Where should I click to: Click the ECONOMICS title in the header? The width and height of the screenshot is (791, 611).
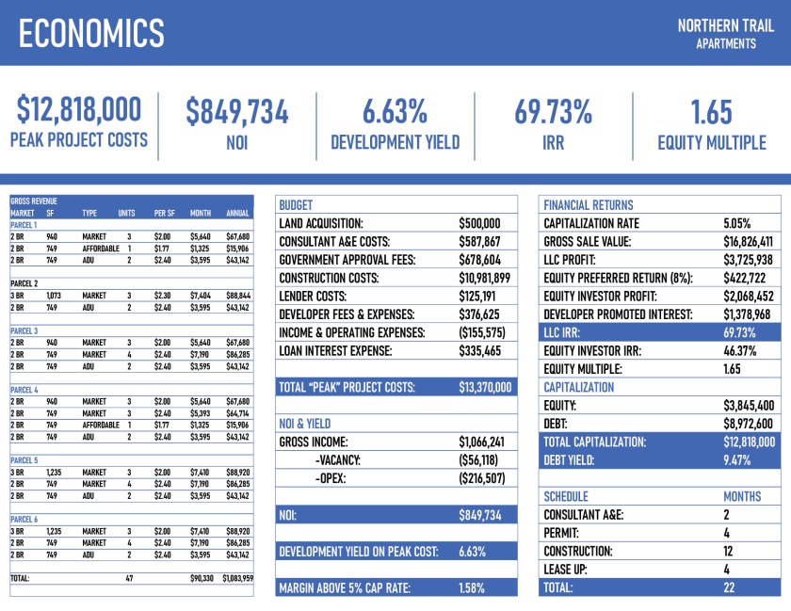90,34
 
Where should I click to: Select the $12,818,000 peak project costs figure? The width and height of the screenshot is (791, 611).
78,111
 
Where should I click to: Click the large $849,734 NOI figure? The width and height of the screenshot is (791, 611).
236,111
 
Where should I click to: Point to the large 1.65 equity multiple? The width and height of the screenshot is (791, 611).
711,111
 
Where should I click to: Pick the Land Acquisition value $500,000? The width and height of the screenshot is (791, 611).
479,224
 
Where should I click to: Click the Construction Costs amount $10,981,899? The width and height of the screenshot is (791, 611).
484,278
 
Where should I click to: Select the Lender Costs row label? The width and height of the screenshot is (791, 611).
319,296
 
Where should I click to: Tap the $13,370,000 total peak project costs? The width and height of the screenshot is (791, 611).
485,387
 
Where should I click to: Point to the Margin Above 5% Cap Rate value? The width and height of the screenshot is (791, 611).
472,588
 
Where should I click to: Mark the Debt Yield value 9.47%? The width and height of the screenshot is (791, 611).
739,460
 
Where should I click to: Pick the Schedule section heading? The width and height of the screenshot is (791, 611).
566,497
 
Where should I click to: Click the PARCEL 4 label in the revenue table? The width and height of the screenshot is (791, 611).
24,389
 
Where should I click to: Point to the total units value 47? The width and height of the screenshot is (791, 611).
130,578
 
